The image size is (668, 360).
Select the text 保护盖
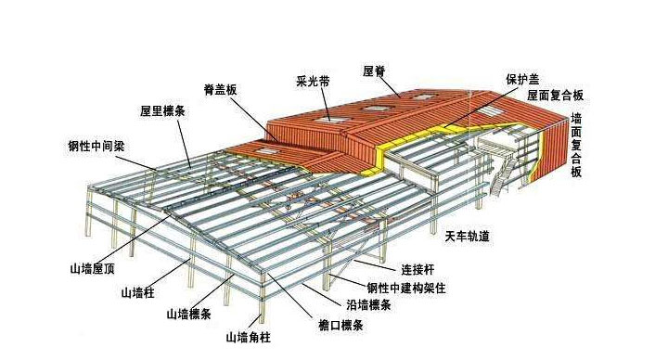[x=521, y=79]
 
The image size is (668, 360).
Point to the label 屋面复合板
[x=555, y=95]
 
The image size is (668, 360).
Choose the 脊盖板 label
[x=222, y=90]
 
